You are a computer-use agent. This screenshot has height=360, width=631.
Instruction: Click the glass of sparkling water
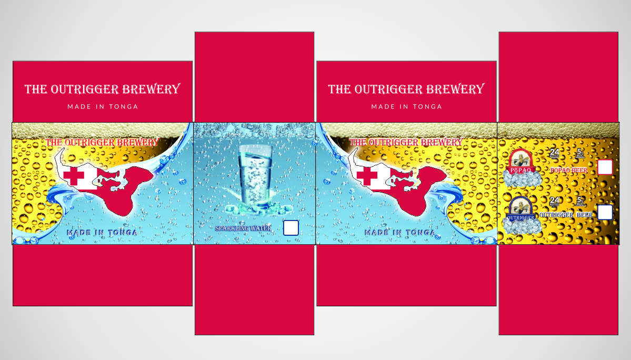click(x=255, y=174)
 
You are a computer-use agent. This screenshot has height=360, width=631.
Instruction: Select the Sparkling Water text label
click(x=243, y=228)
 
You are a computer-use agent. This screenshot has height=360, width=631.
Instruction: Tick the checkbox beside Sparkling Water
click(x=291, y=228)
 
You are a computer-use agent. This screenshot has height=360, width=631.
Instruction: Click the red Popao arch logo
click(x=521, y=162)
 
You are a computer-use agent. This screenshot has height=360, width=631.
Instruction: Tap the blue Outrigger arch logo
click(x=520, y=209)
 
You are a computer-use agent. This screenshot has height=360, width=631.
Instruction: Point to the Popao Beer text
click(x=568, y=170)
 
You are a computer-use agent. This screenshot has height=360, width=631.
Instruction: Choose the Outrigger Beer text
click(x=566, y=215)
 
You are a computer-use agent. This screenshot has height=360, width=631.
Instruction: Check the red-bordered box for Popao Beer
click(x=605, y=167)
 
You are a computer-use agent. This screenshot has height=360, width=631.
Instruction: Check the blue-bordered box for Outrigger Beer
click(x=605, y=212)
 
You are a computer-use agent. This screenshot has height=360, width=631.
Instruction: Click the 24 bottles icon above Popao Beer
click(x=554, y=153)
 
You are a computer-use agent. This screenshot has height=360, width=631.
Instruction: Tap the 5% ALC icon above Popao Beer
click(x=580, y=153)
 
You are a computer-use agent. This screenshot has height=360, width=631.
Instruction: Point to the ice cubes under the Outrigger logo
click(x=520, y=226)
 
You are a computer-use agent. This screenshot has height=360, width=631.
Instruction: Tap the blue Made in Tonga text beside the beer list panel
click(x=400, y=232)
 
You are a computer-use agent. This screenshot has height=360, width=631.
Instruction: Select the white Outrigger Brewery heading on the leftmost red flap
click(x=103, y=89)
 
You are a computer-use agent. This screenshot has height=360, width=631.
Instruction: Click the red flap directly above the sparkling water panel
click(x=254, y=77)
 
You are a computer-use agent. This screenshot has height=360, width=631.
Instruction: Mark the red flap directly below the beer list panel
click(x=558, y=289)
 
